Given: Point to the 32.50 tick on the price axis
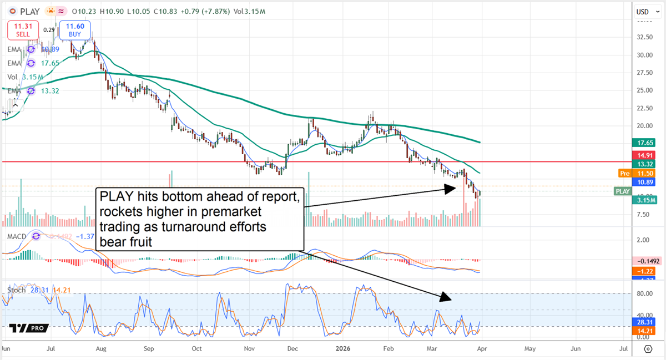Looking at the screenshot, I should [644, 37].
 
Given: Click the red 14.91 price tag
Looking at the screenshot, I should [644, 155].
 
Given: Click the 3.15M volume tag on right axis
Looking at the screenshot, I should [644, 200].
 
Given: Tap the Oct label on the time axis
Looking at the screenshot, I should [196, 349].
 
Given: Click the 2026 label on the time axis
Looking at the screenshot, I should [342, 349].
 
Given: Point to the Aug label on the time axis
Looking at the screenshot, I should [100, 349].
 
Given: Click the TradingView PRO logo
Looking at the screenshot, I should [26, 328].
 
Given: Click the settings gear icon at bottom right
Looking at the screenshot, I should [647, 349].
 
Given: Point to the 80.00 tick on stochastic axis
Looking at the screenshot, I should [644, 294].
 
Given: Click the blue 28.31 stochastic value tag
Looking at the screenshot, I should [644, 321].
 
